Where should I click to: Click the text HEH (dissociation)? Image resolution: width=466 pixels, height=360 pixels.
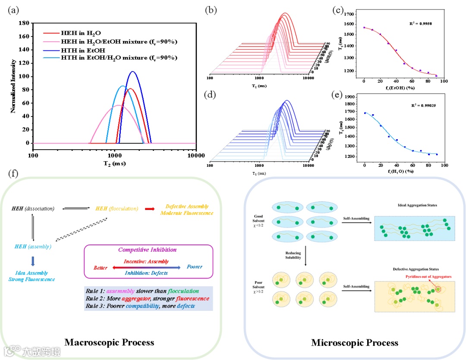[x=33, y=209]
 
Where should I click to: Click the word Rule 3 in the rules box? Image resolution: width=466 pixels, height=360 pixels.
[x=94, y=306]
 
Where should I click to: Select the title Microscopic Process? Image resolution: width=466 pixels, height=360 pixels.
[x=355, y=343]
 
